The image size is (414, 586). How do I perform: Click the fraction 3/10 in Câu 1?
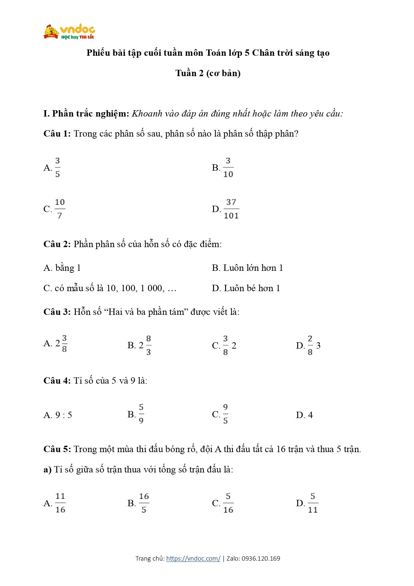228,168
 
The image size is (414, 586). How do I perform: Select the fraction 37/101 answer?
231,209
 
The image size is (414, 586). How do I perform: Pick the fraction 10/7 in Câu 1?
60,209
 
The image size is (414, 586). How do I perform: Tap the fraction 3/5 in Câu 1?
57,168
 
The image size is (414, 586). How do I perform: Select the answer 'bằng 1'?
68,268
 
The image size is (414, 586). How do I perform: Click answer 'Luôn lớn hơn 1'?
253,268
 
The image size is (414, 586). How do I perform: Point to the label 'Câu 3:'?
57,312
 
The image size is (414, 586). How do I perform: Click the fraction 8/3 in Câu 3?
148,345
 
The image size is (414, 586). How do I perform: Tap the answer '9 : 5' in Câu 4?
63,415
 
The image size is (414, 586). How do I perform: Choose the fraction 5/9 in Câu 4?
141,414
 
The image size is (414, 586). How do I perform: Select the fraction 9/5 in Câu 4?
225,414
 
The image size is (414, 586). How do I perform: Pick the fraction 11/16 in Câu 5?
60,503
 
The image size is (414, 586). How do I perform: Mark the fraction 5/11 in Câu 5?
313,503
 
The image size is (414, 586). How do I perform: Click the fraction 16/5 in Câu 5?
144,503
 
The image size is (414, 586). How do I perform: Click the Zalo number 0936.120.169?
261,558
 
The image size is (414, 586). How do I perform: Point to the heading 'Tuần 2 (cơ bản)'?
208,73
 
